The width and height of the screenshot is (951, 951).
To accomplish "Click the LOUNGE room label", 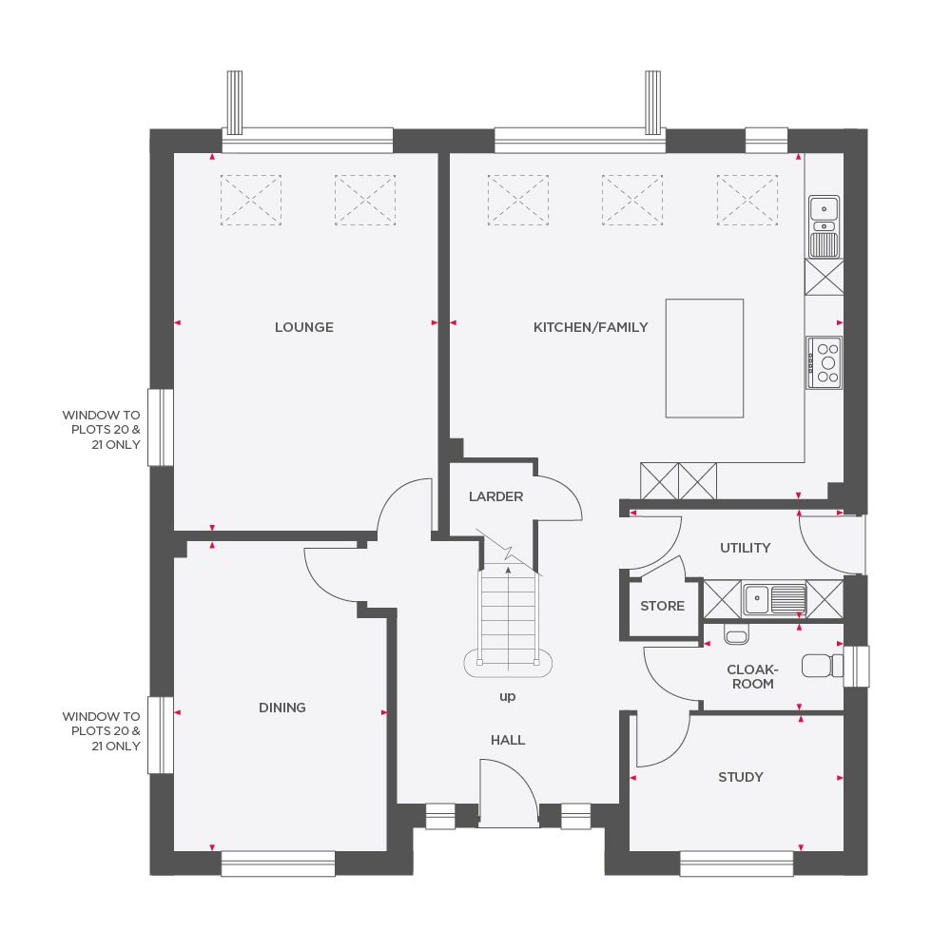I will pos(303,327).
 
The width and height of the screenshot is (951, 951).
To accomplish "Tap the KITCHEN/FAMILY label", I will pos(590,327).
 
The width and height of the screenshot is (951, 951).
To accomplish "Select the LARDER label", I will pos(495,496).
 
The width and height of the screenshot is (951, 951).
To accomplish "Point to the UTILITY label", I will pos(745,548).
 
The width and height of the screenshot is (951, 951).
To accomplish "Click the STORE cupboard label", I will pos(662,606).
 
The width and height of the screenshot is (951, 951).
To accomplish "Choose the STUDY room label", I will pos(740,777).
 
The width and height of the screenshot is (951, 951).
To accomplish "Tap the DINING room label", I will pos(282,708).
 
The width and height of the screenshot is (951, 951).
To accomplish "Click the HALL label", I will pos(508,740).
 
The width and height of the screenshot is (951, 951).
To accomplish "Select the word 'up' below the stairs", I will pos(507,696).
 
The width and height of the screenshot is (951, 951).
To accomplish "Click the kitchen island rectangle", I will pos(704,358).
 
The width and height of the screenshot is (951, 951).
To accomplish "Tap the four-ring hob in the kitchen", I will pos(825,362).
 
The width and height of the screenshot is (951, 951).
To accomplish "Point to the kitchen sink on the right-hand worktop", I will pos(824,226).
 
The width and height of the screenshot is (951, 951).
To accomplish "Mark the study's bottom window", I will pos(736,863).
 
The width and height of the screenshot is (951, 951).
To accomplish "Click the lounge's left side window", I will pos(161,427).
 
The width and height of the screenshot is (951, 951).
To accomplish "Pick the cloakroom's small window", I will pos(858,666).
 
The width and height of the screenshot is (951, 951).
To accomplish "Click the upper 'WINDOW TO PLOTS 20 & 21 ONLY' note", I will pos(101,429).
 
